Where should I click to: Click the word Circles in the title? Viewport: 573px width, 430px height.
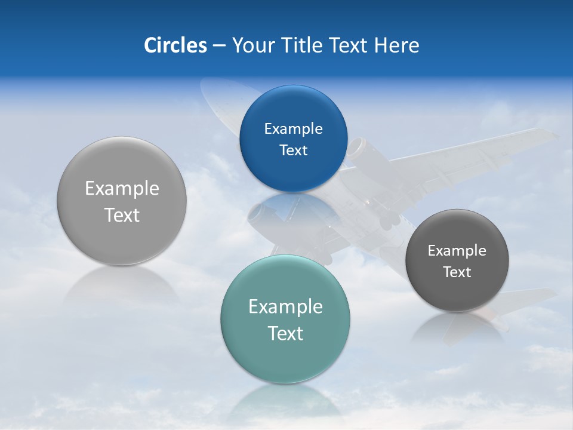[x=175, y=45]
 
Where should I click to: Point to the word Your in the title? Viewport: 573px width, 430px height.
[x=252, y=45]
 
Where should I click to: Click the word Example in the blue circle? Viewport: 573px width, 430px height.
[x=293, y=129]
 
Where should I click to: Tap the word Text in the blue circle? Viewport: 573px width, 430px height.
[x=293, y=150]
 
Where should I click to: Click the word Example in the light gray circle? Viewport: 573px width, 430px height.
[x=122, y=189]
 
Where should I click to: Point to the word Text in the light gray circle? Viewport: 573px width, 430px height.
[x=122, y=215]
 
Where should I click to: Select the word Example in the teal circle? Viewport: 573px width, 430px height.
[x=285, y=307]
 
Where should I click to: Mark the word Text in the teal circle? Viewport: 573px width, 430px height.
[x=285, y=333]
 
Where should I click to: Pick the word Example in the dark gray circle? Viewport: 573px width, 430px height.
[x=457, y=251]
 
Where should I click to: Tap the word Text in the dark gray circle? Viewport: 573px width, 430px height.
[x=457, y=272]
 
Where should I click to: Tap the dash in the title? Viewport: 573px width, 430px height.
[x=219, y=45]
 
